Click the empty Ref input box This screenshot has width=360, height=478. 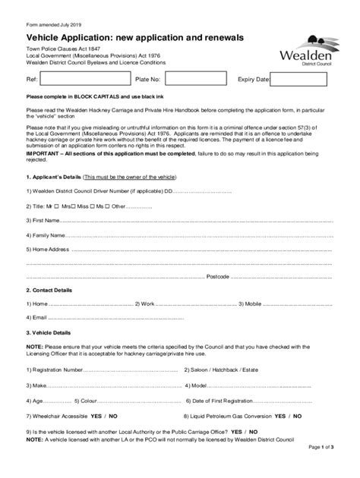[x=82, y=79]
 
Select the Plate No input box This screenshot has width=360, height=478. [x=194, y=79]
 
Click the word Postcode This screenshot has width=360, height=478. [x=216, y=277]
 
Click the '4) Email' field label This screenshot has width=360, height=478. [x=36, y=317]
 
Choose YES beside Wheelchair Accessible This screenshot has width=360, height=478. [x=96, y=417]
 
